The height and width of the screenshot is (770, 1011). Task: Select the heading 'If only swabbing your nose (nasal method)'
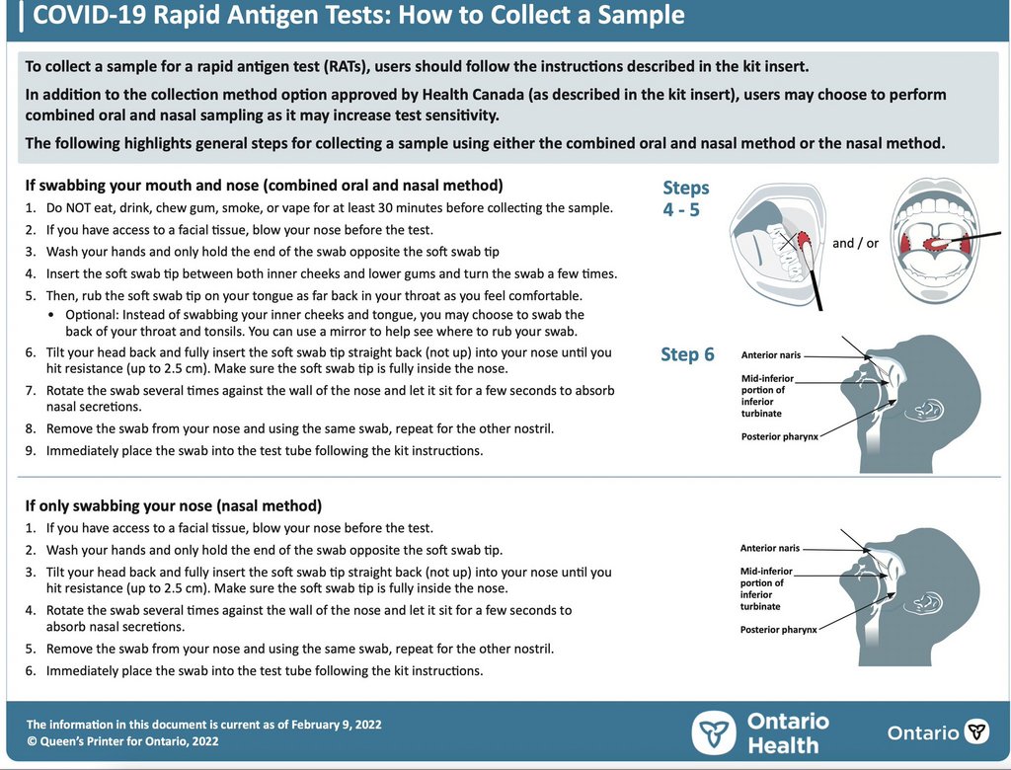pyautogui.click(x=173, y=505)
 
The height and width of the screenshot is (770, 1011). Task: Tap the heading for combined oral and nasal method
pyautogui.click(x=264, y=185)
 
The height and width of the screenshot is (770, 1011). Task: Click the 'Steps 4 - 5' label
pyautogui.click(x=685, y=198)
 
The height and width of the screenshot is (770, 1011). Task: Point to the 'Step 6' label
pyautogui.click(x=687, y=355)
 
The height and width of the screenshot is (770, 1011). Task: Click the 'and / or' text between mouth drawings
pyautogui.click(x=855, y=243)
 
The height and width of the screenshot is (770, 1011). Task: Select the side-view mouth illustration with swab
pyautogui.click(x=776, y=242)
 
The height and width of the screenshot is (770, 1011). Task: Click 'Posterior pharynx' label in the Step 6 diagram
pyautogui.click(x=779, y=436)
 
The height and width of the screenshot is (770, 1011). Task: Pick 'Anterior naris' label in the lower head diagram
pyautogui.click(x=770, y=548)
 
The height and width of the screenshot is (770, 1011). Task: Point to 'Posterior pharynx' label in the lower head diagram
pyautogui.click(x=779, y=629)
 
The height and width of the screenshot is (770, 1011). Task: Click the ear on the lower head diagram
pyautogui.click(x=928, y=601)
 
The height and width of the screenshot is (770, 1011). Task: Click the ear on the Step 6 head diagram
pyautogui.click(x=928, y=409)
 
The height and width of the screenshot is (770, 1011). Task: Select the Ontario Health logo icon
pyautogui.click(x=713, y=733)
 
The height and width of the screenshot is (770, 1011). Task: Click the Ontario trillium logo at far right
pyautogui.click(x=976, y=731)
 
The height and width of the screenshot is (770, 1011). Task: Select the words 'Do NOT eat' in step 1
pyautogui.click(x=80, y=208)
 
